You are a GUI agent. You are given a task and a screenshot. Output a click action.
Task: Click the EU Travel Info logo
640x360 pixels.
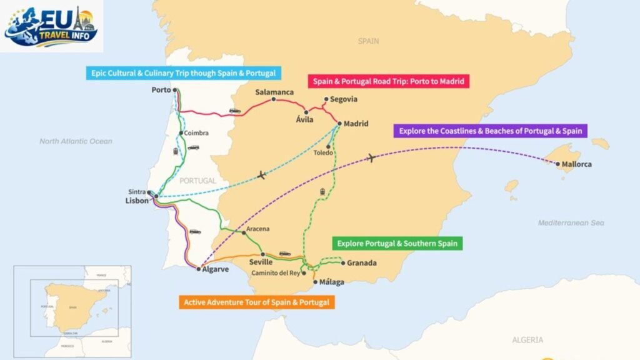[51, 26]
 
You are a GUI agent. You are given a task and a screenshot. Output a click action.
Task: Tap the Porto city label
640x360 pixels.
[161, 90]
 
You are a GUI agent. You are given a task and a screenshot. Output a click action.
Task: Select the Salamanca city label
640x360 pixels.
[274, 92]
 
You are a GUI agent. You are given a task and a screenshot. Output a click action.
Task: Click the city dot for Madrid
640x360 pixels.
[339, 124]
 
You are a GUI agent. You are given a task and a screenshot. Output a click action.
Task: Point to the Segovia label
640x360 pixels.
[344, 99]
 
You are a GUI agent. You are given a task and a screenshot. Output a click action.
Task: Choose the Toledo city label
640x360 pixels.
[324, 152]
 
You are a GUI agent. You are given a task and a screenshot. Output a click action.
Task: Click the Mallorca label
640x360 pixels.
[576, 164]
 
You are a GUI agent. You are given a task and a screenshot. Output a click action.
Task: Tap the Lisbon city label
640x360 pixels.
[137, 201]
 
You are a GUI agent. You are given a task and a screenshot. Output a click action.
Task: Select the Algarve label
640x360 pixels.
[216, 270]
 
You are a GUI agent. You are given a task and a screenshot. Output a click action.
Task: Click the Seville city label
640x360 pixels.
[261, 262]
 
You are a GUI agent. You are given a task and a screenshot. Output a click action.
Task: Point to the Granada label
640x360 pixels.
[362, 263]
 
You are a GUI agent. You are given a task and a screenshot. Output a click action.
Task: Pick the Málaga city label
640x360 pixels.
[331, 282]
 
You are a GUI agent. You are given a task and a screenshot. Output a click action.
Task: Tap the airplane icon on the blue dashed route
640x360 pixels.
[261, 175]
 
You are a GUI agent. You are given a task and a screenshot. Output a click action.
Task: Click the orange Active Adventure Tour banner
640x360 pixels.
[256, 302]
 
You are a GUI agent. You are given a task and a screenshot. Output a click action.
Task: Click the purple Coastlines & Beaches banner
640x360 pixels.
[491, 131]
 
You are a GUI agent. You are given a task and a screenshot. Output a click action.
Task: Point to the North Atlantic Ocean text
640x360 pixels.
[76, 141]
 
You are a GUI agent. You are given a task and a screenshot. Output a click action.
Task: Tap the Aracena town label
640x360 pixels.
[257, 229]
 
